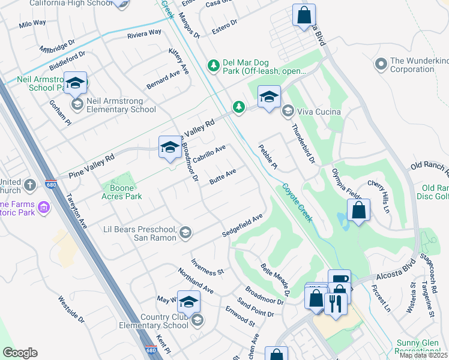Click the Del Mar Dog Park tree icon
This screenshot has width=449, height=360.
point(212,65)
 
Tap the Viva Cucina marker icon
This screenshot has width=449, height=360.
point(288,112)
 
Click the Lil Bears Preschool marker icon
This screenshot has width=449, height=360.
point(185,233)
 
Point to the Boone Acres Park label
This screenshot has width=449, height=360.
point(125,191)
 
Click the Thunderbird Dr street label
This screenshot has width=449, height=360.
point(303,144)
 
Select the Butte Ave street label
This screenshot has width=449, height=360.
point(223,176)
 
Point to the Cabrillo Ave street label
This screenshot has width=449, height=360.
point(209,154)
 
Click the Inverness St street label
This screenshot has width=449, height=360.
point(207,267)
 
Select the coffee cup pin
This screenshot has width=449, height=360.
point(339,280)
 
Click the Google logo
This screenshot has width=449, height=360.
point(20,353)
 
